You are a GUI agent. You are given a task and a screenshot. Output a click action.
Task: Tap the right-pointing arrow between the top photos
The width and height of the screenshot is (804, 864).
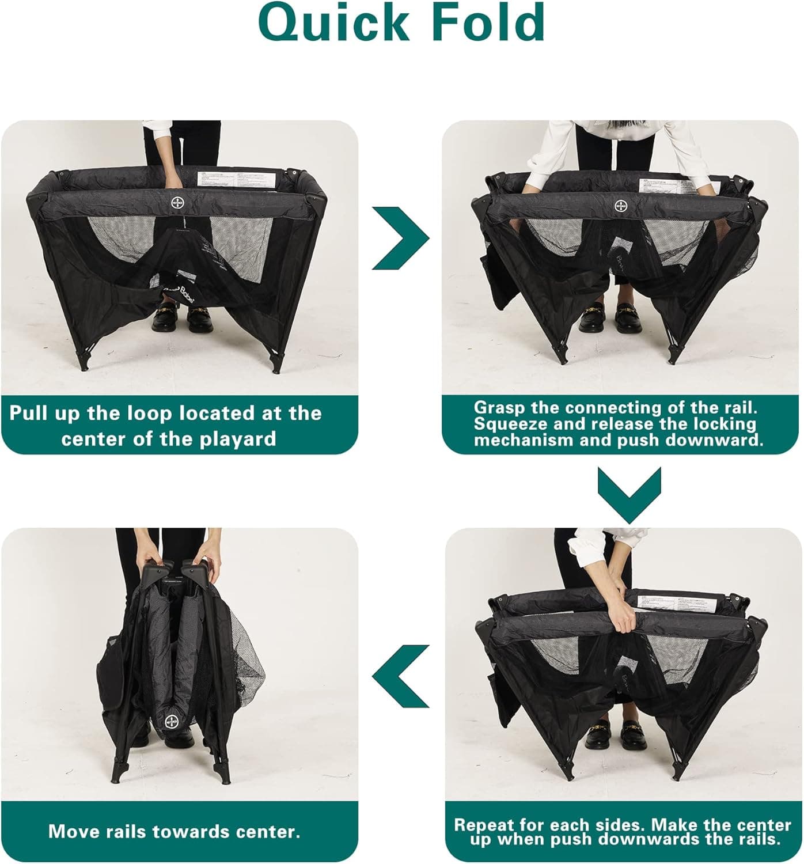pyautogui.click(x=400, y=238)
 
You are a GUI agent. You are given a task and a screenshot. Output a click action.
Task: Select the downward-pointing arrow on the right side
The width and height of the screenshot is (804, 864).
pyautogui.click(x=629, y=494)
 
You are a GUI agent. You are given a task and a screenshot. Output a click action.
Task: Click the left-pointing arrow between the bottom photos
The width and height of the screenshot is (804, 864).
pyautogui.click(x=401, y=676)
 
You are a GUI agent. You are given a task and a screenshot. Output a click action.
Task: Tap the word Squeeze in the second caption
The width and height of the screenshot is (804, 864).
pyautogui.click(x=507, y=424)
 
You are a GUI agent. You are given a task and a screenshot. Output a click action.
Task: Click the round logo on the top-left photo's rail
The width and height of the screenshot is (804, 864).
pyautogui.click(x=177, y=203)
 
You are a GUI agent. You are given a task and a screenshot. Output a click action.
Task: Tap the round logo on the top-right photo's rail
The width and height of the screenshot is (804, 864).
pyautogui.click(x=621, y=206)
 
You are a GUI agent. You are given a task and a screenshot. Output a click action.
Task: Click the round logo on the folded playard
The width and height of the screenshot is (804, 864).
pyautogui.click(x=171, y=721)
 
